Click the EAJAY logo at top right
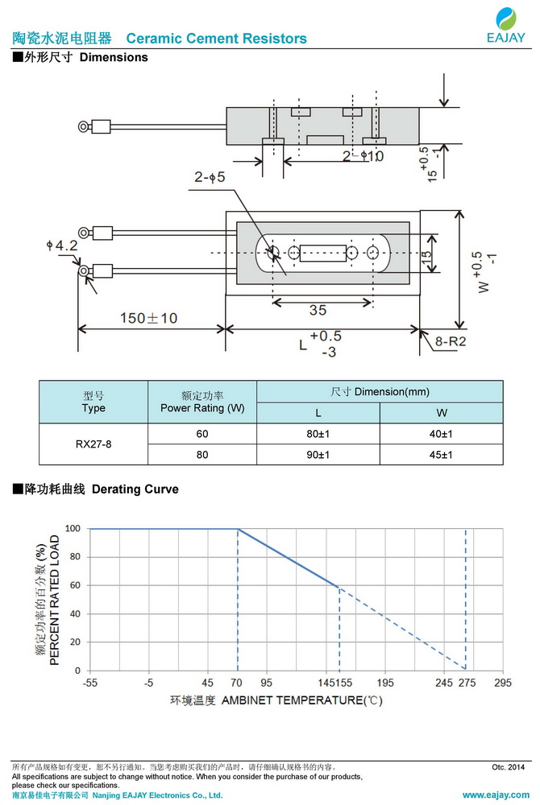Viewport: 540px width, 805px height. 506,24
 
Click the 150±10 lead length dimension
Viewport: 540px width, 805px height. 148,318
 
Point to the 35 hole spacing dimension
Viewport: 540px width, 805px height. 318,311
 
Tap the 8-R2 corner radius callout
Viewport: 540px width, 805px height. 451,342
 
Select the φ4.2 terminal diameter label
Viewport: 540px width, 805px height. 62,246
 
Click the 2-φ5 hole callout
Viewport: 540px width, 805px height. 210,176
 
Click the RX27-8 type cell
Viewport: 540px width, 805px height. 93,444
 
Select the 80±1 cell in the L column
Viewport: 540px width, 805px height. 318,434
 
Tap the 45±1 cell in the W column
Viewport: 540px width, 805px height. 441,455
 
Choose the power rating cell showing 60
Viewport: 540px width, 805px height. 201,434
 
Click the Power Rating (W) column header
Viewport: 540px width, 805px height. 201,402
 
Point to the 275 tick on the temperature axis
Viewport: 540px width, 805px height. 467,682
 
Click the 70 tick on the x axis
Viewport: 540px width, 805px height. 237,682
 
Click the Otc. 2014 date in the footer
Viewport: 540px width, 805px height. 508,767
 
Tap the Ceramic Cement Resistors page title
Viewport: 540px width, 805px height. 217,39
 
